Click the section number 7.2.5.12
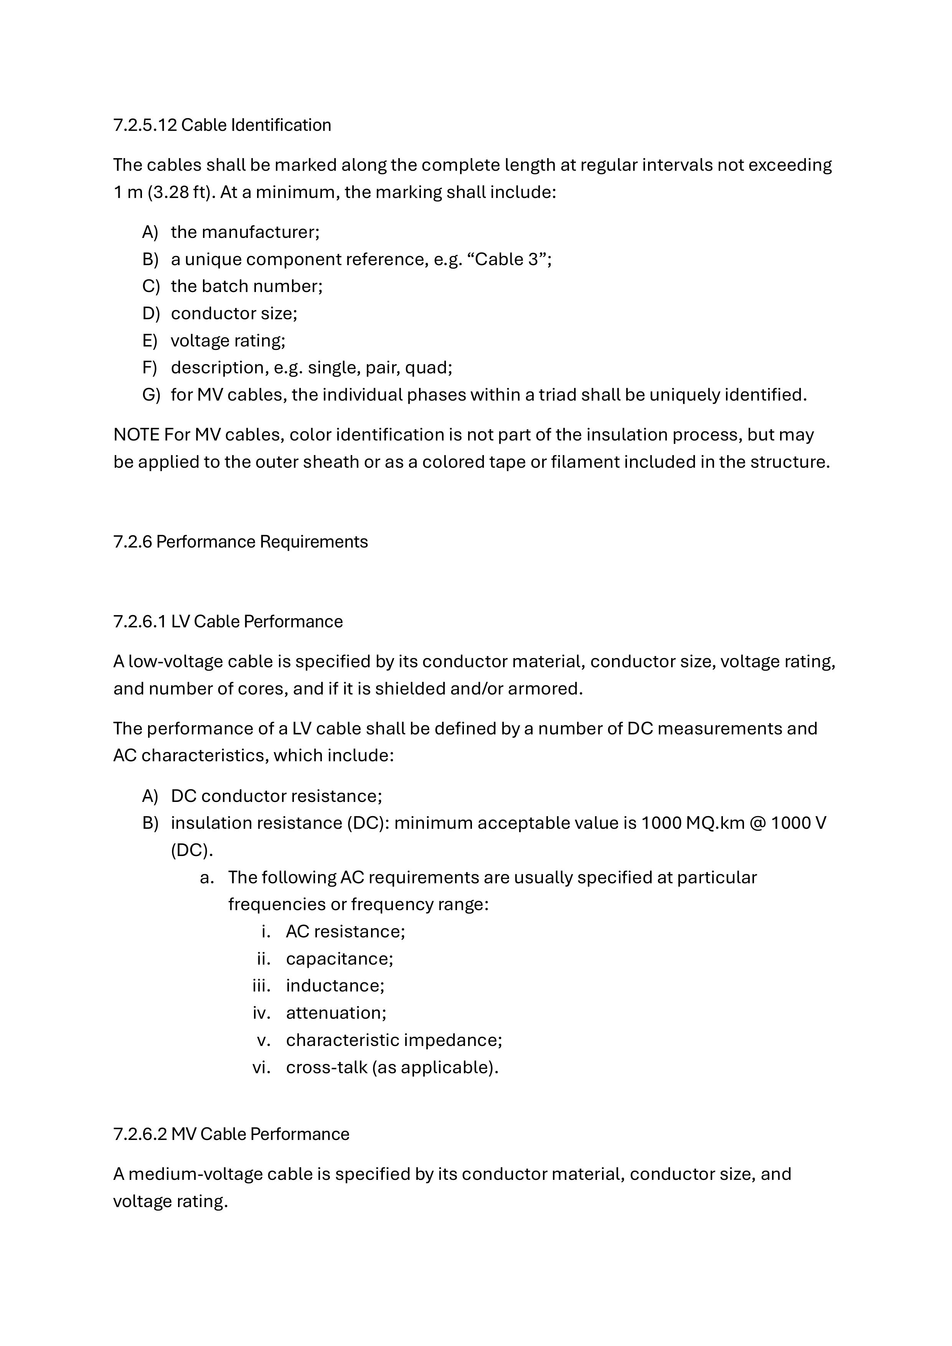[145, 125]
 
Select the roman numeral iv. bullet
[261, 1013]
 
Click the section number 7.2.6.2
[140, 1134]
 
